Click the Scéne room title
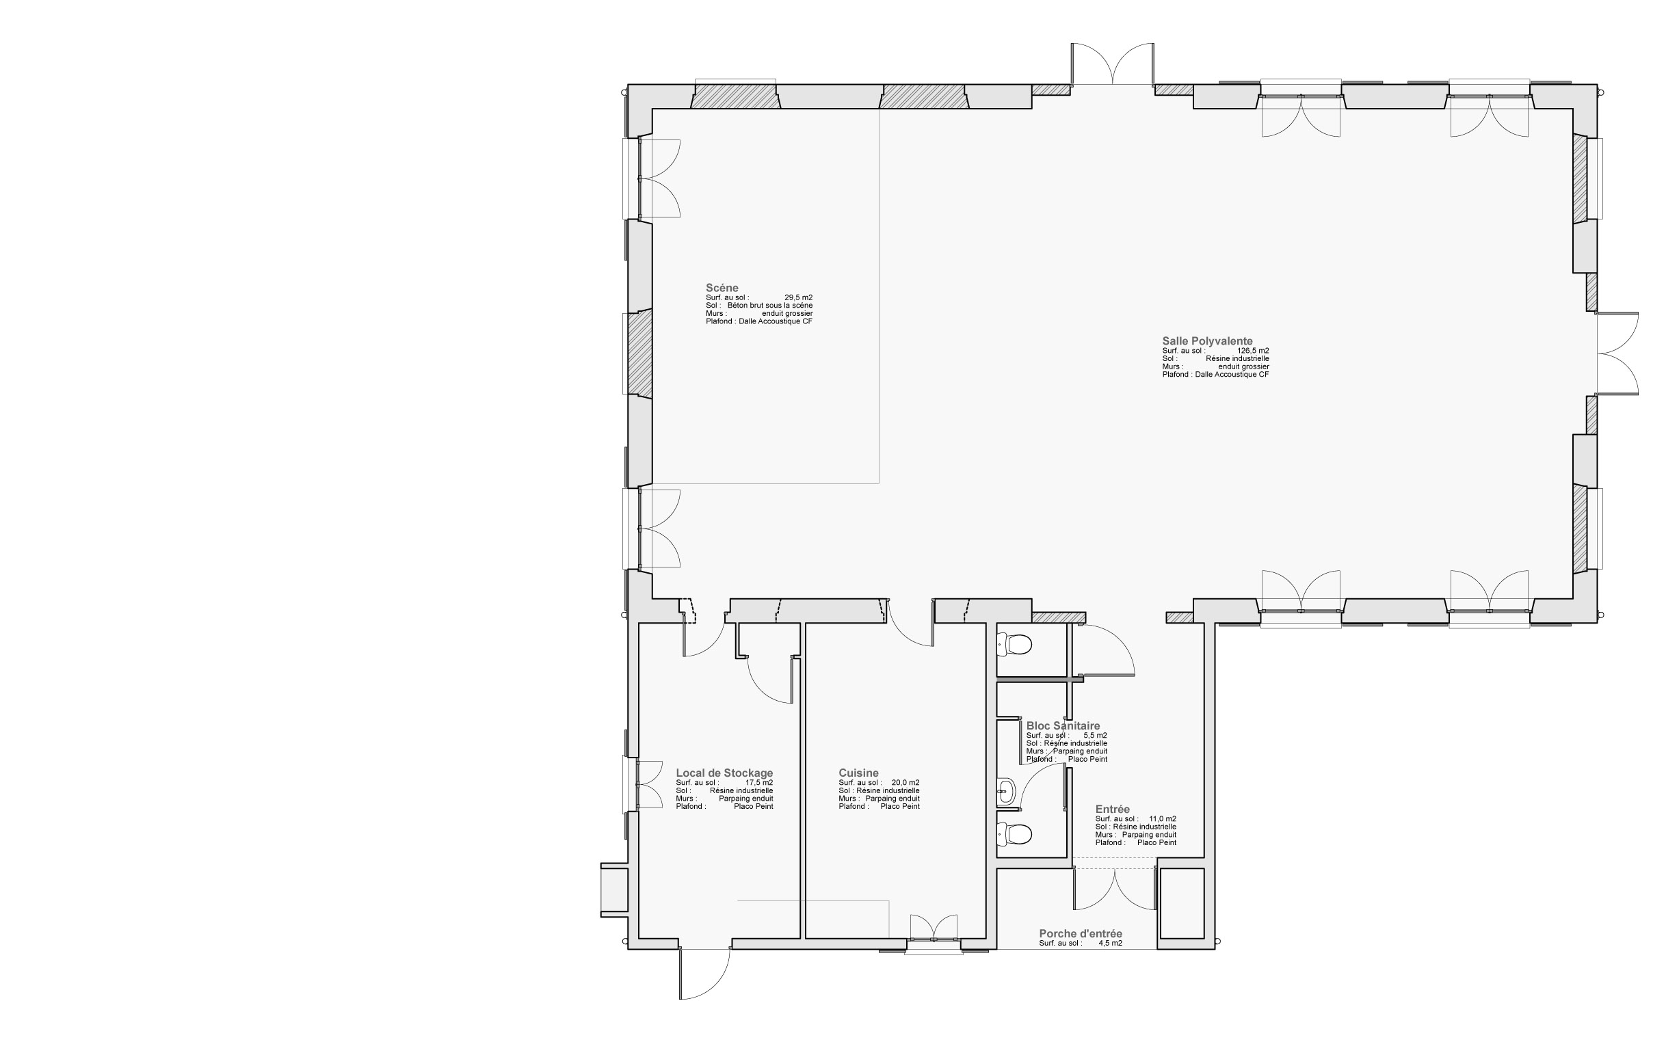pos(722,288)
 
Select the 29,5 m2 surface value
pos(798,297)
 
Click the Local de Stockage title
pos(724,773)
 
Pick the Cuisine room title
pos(858,773)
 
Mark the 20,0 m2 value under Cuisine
pos(905,783)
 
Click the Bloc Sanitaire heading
pos(1063,725)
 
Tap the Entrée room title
pos(1113,809)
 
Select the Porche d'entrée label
pos(1081,934)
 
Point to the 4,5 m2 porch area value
pos(1111,943)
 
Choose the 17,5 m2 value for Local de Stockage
pos(760,783)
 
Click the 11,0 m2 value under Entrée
pos(1163,818)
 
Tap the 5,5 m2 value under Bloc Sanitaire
pos(1095,735)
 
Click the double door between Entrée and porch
pos(1115,888)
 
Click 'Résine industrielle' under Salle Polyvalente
pos(1237,359)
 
